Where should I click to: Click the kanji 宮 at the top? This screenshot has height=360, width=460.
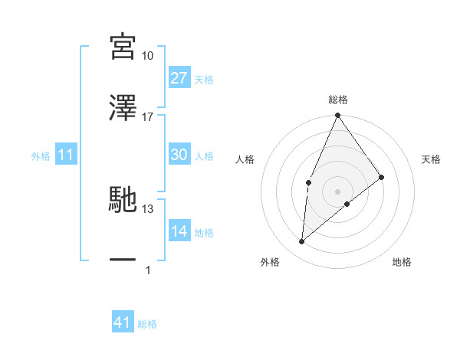click(x=123, y=47)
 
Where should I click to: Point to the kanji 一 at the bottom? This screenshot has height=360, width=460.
click(x=123, y=260)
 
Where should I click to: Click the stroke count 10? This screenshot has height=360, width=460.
click(x=148, y=56)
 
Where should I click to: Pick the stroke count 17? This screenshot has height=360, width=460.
click(x=148, y=117)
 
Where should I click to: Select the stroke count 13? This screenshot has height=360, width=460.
click(x=148, y=209)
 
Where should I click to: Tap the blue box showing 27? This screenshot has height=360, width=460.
click(x=179, y=78)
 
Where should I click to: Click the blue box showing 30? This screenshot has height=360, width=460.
click(x=179, y=155)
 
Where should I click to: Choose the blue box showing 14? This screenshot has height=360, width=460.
click(x=179, y=231)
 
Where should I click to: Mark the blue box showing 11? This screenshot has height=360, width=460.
click(x=66, y=155)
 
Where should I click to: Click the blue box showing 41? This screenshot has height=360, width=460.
click(x=123, y=322)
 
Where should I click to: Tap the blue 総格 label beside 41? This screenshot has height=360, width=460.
click(x=147, y=324)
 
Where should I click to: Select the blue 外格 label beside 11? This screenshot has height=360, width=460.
click(x=41, y=156)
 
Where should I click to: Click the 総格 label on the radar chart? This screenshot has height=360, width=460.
click(x=338, y=100)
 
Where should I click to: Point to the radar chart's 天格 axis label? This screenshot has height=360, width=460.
click(x=432, y=159)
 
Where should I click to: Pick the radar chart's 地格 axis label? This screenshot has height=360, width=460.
click(x=402, y=262)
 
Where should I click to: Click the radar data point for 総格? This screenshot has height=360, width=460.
click(x=338, y=116)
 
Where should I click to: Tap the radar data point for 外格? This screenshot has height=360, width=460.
click(x=302, y=242)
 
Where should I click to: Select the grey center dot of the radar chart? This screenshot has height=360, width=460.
click(x=338, y=191)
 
